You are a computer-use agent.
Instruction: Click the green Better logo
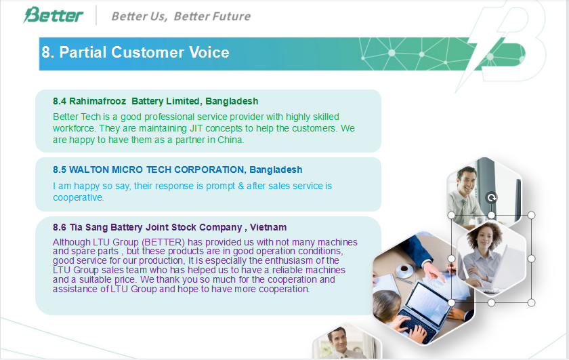coord(53,15)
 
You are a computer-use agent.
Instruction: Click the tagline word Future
coord(231,16)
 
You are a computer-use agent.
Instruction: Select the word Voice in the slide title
coord(209,52)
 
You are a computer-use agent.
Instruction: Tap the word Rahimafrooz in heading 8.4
coord(98,101)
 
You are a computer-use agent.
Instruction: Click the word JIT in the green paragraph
coord(196,128)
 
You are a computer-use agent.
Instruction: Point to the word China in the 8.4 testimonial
coord(230,140)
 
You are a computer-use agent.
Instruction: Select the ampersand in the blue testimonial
coord(241,186)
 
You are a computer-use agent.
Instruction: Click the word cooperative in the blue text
coord(78,197)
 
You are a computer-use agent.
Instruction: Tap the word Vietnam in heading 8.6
coord(268,227)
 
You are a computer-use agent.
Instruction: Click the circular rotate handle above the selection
coord(491,197)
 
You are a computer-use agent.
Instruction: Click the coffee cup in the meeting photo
coord(404,269)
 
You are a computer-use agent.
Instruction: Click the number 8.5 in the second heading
coord(60,169)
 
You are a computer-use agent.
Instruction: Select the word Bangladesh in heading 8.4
coord(232,101)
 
